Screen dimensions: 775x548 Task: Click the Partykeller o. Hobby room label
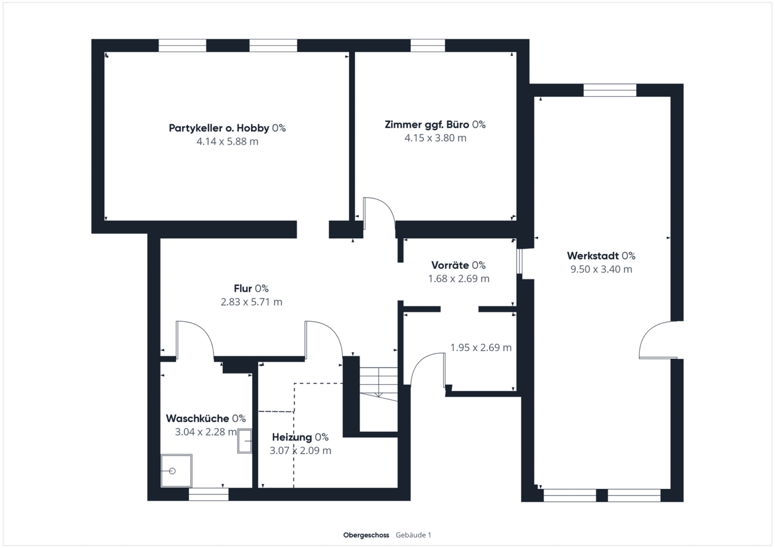(227, 128)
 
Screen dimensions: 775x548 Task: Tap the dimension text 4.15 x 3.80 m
(435, 138)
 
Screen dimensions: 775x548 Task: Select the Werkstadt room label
(601, 256)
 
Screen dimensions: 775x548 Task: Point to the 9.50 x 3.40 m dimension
(601, 269)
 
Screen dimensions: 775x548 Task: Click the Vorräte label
(458, 265)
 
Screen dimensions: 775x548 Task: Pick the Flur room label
(251, 288)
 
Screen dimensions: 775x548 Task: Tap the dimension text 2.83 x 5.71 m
(252, 302)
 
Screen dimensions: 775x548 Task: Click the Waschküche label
(206, 418)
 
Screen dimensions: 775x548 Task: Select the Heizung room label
(300, 437)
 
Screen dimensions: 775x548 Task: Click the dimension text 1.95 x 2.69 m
(481, 348)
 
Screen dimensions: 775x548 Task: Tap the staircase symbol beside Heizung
(379, 384)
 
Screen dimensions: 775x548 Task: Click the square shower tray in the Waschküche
(176, 470)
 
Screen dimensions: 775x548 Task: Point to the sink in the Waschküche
(245, 441)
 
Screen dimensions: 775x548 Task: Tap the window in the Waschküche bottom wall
(209, 494)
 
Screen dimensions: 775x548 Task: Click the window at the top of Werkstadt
(610, 90)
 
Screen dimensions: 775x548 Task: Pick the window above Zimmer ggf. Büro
(428, 46)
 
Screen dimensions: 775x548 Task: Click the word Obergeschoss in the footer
(366, 535)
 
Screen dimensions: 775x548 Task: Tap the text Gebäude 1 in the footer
(414, 535)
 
